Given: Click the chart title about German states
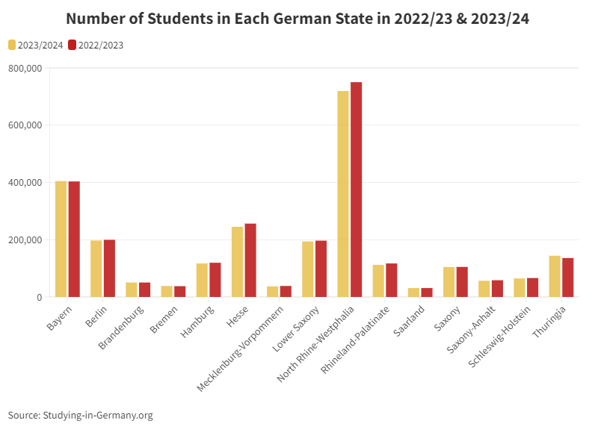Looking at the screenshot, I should (297, 19).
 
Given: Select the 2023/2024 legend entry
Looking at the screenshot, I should (36, 46).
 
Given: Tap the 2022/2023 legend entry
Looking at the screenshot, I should (95, 46).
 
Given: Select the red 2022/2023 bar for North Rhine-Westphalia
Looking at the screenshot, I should (356, 190).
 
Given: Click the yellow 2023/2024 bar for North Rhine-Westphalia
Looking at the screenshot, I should (343, 194).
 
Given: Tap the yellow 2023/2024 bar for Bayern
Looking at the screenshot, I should (61, 239).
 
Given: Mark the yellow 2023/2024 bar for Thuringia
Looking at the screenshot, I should (555, 276).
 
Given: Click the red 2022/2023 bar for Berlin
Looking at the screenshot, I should (109, 269).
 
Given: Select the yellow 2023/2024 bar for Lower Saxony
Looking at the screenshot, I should (308, 269).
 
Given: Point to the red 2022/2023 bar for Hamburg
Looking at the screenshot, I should (215, 280).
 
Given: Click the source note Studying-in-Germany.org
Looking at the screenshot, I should (81, 415).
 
